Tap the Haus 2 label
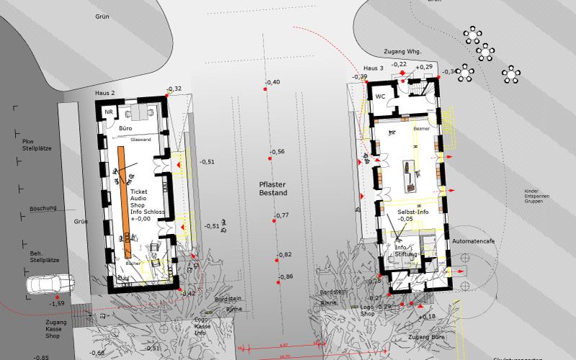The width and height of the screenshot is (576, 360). tap(105, 94)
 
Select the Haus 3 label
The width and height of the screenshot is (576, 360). tap(373, 68)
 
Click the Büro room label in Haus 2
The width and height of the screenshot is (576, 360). tap(125, 128)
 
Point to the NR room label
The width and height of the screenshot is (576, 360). tap(109, 112)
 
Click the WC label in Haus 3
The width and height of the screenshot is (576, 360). tap(380, 95)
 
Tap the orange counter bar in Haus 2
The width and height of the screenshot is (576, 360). tap(125, 202)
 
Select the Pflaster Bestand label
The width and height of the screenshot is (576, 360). tap(273, 189)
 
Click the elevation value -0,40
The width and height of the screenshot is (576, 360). tap(273, 83)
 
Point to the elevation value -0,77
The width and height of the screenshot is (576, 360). tap(281, 215)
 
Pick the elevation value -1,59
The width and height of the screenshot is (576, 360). tap(57, 304)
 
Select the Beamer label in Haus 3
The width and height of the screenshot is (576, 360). tap(422, 129)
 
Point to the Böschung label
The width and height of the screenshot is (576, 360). tap(42, 208)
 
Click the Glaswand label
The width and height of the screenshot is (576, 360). tap(140, 139)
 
